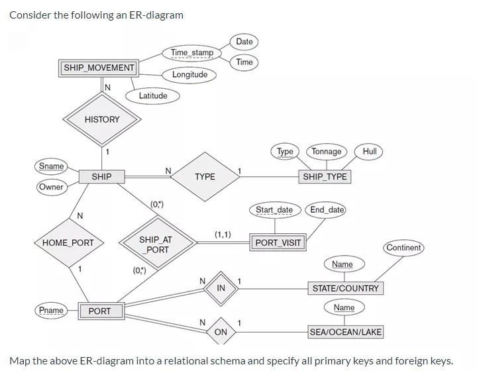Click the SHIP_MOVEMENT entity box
99,68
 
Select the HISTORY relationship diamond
102,119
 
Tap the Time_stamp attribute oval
192,52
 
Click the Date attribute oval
244,41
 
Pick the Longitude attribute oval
189,74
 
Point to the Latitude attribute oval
153,95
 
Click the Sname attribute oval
52,166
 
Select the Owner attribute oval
51,187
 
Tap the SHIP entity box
101,176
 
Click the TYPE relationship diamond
205,176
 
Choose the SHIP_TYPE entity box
325,176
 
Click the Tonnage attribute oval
327,151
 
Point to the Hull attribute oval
370,151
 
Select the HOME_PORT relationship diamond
68,242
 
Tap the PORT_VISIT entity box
278,242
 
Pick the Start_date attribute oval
274,210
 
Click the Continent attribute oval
403,248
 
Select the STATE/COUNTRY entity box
346,288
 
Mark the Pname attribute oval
51,310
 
